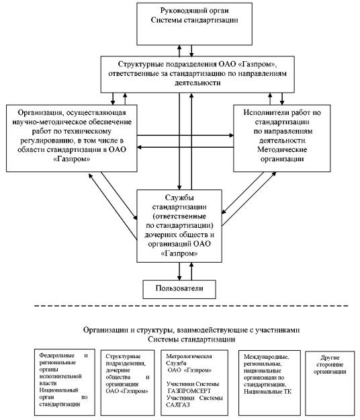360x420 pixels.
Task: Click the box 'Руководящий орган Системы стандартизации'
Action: point(194,24)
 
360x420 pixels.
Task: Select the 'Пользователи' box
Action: point(179,289)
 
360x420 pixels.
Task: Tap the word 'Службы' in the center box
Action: point(179,198)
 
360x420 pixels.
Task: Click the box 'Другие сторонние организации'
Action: point(330,383)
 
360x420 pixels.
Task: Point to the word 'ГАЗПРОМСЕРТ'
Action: point(189,391)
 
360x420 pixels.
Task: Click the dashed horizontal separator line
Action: point(191,306)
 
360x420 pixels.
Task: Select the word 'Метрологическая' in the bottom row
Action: point(189,356)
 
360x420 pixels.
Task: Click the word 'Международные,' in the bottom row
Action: point(267,357)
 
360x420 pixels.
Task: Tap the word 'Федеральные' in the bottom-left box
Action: point(56,355)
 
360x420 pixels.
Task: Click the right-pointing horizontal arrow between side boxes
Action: point(185,136)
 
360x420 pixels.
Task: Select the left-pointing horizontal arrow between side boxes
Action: point(185,147)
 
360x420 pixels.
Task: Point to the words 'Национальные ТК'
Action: point(267,392)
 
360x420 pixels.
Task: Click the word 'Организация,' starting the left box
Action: point(41,113)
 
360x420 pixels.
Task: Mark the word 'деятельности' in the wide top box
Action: point(197,83)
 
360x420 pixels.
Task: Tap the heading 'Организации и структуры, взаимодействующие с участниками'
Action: point(191,330)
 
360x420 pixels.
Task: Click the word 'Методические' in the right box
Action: point(282,149)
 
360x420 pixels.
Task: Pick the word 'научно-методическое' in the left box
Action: point(46,122)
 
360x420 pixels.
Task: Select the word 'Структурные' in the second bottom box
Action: point(123,356)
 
